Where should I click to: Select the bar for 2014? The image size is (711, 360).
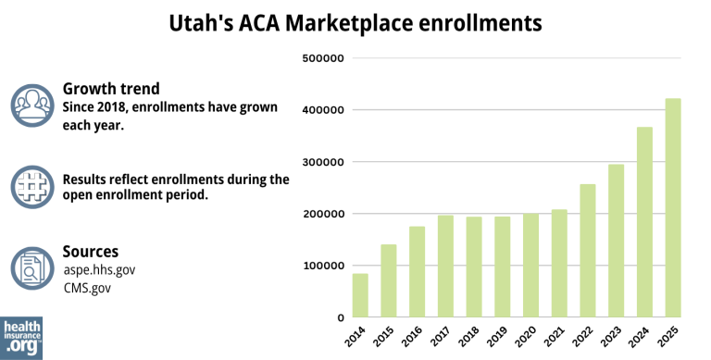pyautogui.click(x=360, y=295)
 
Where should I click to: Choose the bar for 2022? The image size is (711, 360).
pyautogui.click(x=588, y=251)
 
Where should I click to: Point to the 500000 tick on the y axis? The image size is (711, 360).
pyautogui.click(x=323, y=58)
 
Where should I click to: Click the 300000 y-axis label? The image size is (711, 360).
pyautogui.click(x=323, y=162)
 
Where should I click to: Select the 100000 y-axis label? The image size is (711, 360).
pyautogui.click(x=323, y=266)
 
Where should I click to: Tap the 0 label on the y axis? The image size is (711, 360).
pyautogui.click(x=341, y=317)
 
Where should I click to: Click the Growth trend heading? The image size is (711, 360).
pyautogui.click(x=111, y=89)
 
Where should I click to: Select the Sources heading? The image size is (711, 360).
pyautogui.click(x=90, y=251)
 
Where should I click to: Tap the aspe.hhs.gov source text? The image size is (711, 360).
pyautogui.click(x=99, y=269)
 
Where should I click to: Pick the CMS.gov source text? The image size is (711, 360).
pyautogui.click(x=88, y=288)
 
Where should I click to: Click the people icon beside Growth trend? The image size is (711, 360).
pyautogui.click(x=32, y=106)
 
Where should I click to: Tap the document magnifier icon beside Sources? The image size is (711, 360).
pyautogui.click(x=32, y=267)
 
